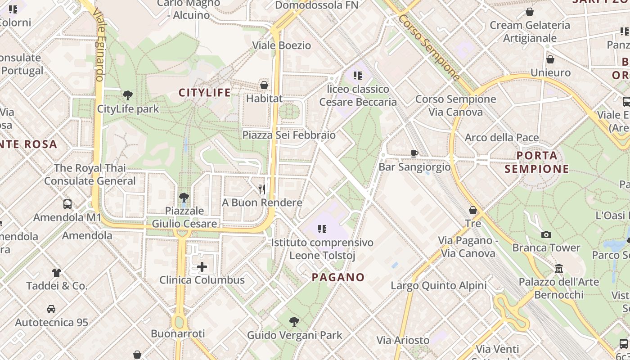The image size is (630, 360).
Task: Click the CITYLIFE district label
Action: (205, 93)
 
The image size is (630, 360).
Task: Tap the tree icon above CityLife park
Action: (128, 95)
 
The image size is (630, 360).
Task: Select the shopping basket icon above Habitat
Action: (264, 85)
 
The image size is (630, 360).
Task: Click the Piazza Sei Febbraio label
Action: (289, 135)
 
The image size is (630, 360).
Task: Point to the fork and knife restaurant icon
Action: (262, 189)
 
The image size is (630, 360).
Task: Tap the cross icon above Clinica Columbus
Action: (202, 267)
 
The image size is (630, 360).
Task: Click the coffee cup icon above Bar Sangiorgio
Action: (414, 153)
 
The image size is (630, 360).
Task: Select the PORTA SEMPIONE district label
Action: (537, 162)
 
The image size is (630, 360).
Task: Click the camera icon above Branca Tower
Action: (546, 234)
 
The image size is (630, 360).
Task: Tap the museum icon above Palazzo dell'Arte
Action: (559, 268)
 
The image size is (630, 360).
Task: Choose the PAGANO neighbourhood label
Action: (338, 277)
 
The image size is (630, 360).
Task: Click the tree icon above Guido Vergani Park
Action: (294, 321)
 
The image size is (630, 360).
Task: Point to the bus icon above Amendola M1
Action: (67, 204)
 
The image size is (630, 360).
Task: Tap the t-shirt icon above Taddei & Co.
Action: (57, 272)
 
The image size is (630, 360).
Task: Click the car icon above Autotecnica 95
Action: (51, 309)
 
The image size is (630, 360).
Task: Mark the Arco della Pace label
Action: (502, 137)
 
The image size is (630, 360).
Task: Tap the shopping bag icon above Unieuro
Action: (550, 59)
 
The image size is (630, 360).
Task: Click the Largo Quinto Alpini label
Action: (439, 286)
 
